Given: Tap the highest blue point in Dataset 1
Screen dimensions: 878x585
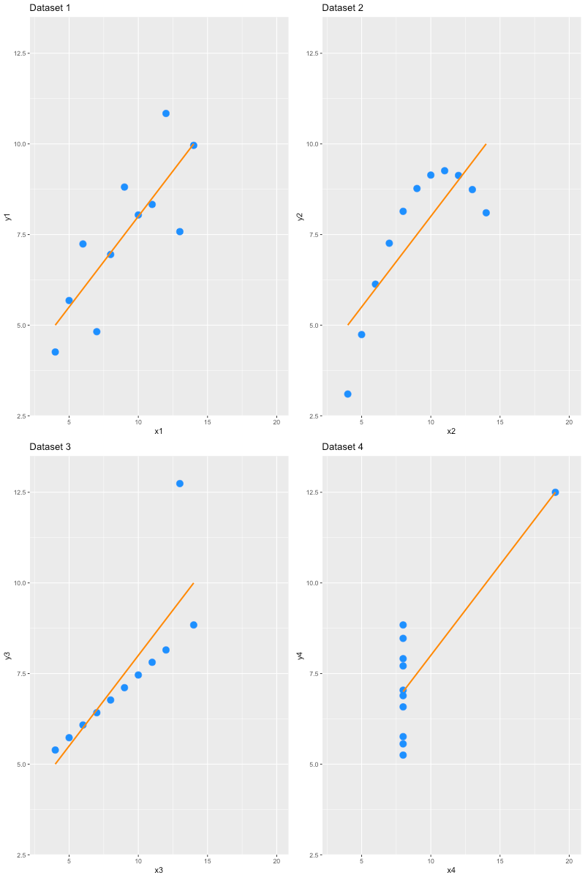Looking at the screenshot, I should click(x=166, y=113).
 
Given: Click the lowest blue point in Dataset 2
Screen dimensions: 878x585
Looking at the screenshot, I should click(x=347, y=394).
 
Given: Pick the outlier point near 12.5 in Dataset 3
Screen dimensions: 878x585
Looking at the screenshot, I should click(x=180, y=484).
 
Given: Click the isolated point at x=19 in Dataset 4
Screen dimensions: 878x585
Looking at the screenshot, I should click(x=555, y=492).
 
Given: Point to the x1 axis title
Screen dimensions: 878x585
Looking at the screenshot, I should click(x=159, y=432).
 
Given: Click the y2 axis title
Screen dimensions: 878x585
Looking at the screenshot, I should click(x=301, y=217).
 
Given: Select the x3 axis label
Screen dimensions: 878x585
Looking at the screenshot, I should click(x=159, y=871).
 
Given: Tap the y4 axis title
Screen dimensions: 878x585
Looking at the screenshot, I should click(x=301, y=656).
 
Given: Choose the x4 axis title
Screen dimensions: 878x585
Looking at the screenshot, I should click(x=451, y=871).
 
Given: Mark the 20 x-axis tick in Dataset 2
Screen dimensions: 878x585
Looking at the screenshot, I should click(x=569, y=422).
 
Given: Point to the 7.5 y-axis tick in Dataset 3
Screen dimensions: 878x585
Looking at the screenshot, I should click(x=20, y=674).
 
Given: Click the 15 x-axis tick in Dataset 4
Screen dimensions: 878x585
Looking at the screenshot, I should click(x=499, y=861).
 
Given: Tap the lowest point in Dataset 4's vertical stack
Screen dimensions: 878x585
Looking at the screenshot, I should click(x=403, y=755).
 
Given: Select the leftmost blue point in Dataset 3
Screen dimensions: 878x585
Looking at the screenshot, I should click(x=55, y=750).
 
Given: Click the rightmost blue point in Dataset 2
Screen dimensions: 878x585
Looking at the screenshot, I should click(x=486, y=213).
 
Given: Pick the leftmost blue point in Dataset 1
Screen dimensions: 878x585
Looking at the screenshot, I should click(x=55, y=352).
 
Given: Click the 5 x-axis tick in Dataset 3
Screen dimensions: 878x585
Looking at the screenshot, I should click(x=69, y=861).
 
